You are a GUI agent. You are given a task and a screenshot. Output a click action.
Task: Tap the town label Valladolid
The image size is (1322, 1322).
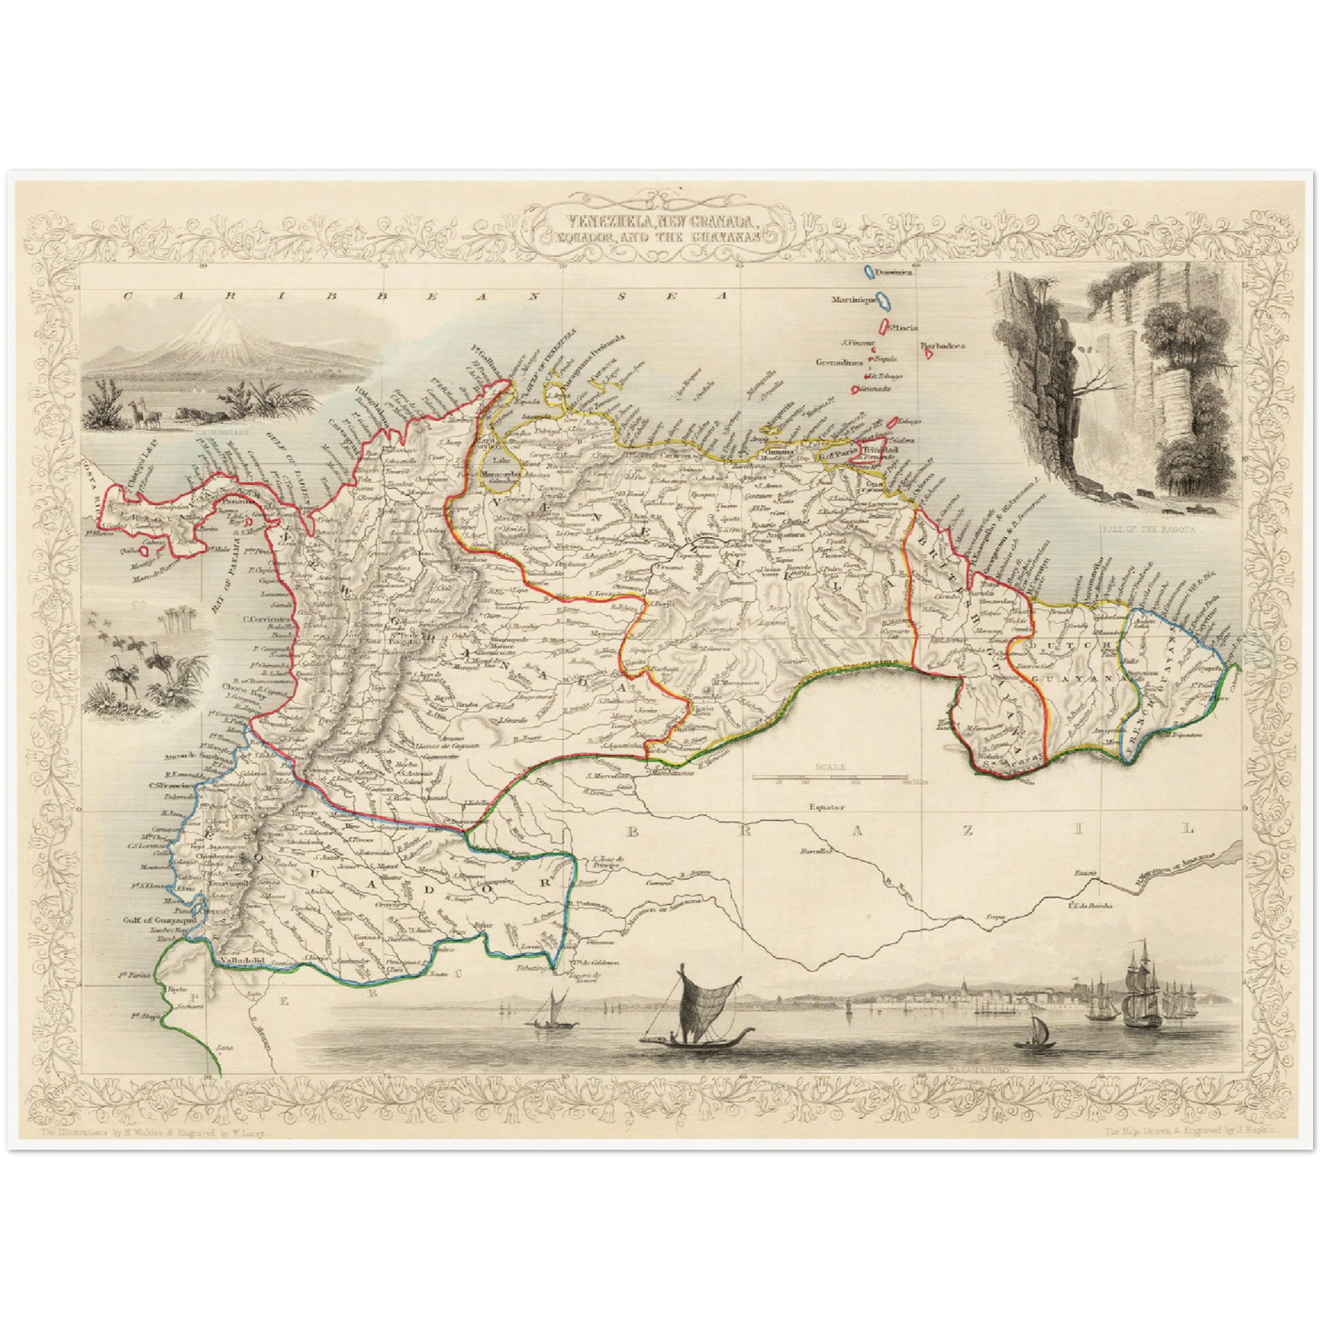pyautogui.click(x=242, y=962)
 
